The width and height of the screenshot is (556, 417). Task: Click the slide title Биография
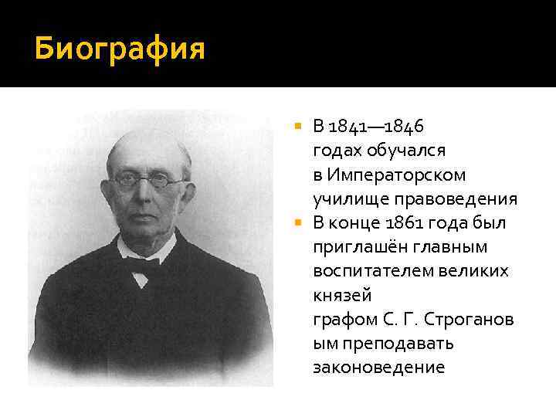(x=120, y=49)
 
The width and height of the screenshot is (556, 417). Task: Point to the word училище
(x=345, y=201)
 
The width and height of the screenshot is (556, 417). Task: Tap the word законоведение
(x=379, y=367)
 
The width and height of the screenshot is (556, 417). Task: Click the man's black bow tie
(x=141, y=266)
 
